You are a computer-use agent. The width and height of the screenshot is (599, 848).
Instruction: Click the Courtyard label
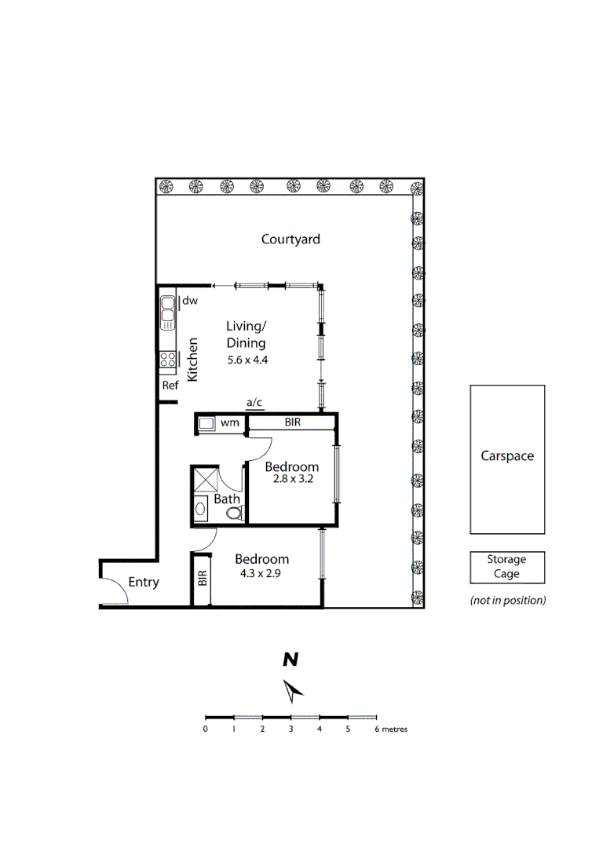coord(290,239)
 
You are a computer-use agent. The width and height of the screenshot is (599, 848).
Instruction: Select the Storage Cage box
coord(507,567)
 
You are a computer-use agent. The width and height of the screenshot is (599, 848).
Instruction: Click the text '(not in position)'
coord(507,601)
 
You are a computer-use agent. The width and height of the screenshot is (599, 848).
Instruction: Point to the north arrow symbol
coord(294,691)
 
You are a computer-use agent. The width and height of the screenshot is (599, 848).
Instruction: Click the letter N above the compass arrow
coord(290,660)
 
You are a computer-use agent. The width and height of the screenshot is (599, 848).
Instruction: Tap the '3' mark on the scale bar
coord(290,729)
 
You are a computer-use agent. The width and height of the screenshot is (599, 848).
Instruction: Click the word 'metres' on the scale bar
coord(395,729)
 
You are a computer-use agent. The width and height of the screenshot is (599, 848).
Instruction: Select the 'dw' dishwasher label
coord(190,301)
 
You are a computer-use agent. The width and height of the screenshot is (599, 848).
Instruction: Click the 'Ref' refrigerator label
coord(170,386)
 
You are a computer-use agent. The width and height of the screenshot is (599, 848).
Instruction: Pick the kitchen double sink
coord(167,312)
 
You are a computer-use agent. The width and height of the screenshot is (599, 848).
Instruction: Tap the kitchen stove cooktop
coord(167,360)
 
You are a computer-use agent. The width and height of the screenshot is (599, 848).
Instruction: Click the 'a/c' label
coord(254,403)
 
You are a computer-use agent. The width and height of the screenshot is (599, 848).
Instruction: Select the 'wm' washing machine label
coord(229,423)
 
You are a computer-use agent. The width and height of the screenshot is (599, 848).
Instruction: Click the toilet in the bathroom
coord(234,513)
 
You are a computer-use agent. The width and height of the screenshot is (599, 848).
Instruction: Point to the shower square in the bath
coord(205,481)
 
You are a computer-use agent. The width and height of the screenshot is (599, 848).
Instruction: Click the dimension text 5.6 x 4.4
coord(247,360)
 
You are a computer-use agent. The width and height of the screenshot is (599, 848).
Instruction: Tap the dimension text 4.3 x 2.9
coord(262,574)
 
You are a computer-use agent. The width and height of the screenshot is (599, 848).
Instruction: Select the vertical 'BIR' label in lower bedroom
coord(202,579)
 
